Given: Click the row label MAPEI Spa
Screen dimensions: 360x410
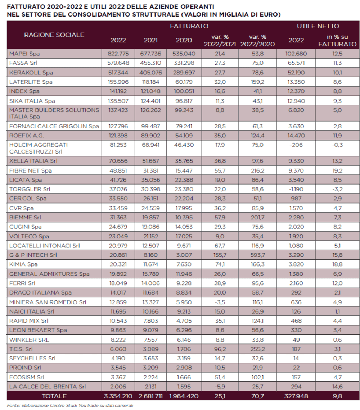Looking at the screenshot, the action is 24,54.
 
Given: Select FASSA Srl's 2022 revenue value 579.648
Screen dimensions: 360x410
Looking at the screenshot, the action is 118,63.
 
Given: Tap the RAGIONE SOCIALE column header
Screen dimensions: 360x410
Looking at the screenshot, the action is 54,35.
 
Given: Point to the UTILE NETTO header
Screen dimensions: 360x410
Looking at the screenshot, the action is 318,26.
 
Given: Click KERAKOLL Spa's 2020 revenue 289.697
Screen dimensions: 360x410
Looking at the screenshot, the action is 184,72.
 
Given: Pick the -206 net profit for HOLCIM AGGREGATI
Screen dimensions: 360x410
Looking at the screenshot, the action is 296,145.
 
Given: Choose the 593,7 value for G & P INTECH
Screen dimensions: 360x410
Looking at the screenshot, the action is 258,255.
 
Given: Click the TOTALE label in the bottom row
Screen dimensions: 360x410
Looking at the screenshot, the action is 54,396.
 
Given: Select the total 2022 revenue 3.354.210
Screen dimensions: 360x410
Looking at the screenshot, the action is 118,396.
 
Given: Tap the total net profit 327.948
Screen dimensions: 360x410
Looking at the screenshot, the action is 296,396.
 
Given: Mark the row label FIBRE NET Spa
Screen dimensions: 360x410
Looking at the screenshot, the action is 30,171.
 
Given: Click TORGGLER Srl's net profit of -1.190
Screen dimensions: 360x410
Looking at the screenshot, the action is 296,189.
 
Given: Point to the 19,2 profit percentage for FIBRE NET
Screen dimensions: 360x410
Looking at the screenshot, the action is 337,170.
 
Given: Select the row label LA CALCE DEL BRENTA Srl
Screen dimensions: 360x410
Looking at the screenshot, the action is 48,387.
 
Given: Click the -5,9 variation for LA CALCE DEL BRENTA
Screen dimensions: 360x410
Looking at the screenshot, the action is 220,387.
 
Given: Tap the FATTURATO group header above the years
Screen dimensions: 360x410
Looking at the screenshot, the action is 189,26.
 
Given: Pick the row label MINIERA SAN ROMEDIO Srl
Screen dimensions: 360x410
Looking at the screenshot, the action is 48,302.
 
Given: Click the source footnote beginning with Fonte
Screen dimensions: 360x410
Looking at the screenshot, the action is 70,406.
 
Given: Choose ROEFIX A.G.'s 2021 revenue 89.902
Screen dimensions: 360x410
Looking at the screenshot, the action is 150,136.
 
